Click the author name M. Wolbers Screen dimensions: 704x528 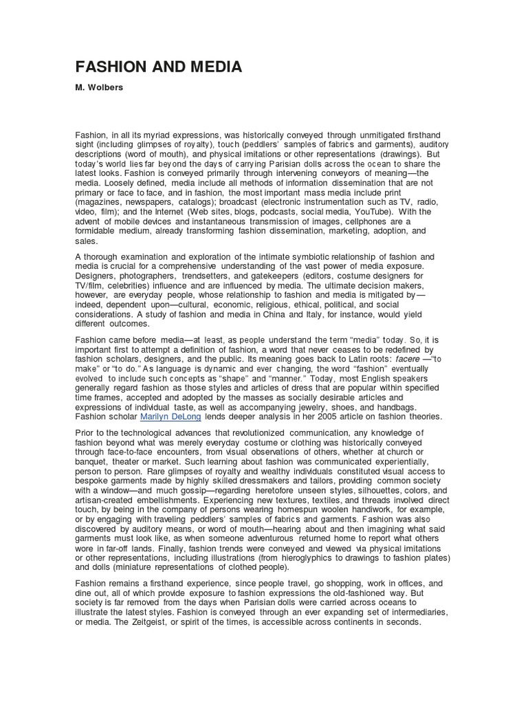coord(100,88)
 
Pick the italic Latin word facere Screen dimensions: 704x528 coord(388,358)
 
